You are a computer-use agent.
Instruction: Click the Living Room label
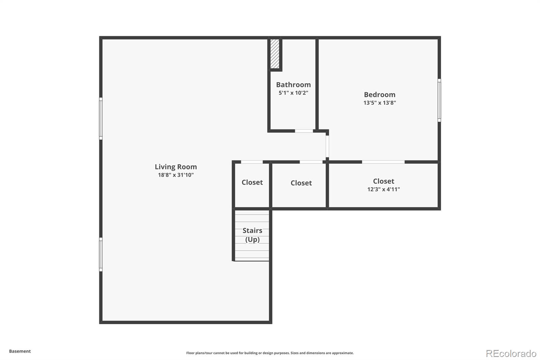(x=175, y=166)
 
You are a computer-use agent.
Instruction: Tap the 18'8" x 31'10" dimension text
(x=175, y=175)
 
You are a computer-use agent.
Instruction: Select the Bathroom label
(x=293, y=85)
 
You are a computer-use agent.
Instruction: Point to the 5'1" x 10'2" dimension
(x=293, y=93)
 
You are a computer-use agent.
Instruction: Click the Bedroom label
(x=379, y=95)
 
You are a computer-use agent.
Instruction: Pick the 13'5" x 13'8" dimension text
(x=379, y=103)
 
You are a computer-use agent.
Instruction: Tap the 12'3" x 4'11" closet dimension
(x=383, y=189)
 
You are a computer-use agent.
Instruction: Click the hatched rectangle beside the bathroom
(x=275, y=54)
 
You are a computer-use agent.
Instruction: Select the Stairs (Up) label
(x=252, y=235)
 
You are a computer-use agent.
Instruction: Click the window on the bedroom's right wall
(x=439, y=100)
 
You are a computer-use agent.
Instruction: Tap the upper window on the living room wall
(x=101, y=118)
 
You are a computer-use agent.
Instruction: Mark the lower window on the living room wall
(x=101, y=254)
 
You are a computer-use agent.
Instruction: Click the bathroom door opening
(x=304, y=131)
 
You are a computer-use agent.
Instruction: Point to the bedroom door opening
(x=327, y=146)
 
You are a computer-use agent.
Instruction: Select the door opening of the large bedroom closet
(x=383, y=162)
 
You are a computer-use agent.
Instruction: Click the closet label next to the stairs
(x=252, y=182)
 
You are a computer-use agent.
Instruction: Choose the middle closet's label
(x=301, y=183)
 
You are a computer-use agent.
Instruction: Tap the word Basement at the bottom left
(x=20, y=351)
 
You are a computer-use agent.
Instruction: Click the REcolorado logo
(x=511, y=353)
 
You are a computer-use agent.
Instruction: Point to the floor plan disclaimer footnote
(x=270, y=353)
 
